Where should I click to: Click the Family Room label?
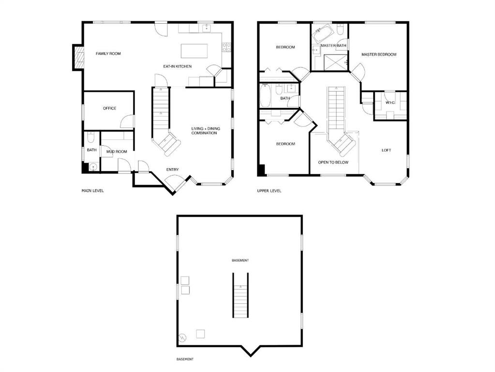[108, 54]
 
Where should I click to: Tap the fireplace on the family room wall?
[78, 57]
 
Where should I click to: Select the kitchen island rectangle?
[194, 51]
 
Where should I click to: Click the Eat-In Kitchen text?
[177, 66]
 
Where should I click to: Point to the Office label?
[109, 108]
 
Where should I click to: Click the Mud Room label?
[117, 152]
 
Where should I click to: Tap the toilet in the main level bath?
[90, 137]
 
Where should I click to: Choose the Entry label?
[172, 170]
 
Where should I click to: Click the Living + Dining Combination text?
[206, 131]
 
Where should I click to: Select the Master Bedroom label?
[379, 54]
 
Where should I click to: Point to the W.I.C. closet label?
[390, 103]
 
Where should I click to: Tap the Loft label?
[387, 150]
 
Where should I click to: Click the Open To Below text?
[333, 162]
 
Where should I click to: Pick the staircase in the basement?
[240, 295]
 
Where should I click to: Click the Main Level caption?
[92, 190]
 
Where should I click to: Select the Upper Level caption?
[269, 190]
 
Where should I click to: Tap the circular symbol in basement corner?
[182, 338]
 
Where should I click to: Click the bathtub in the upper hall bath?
[265, 96]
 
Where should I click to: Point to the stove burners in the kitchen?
[226, 47]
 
